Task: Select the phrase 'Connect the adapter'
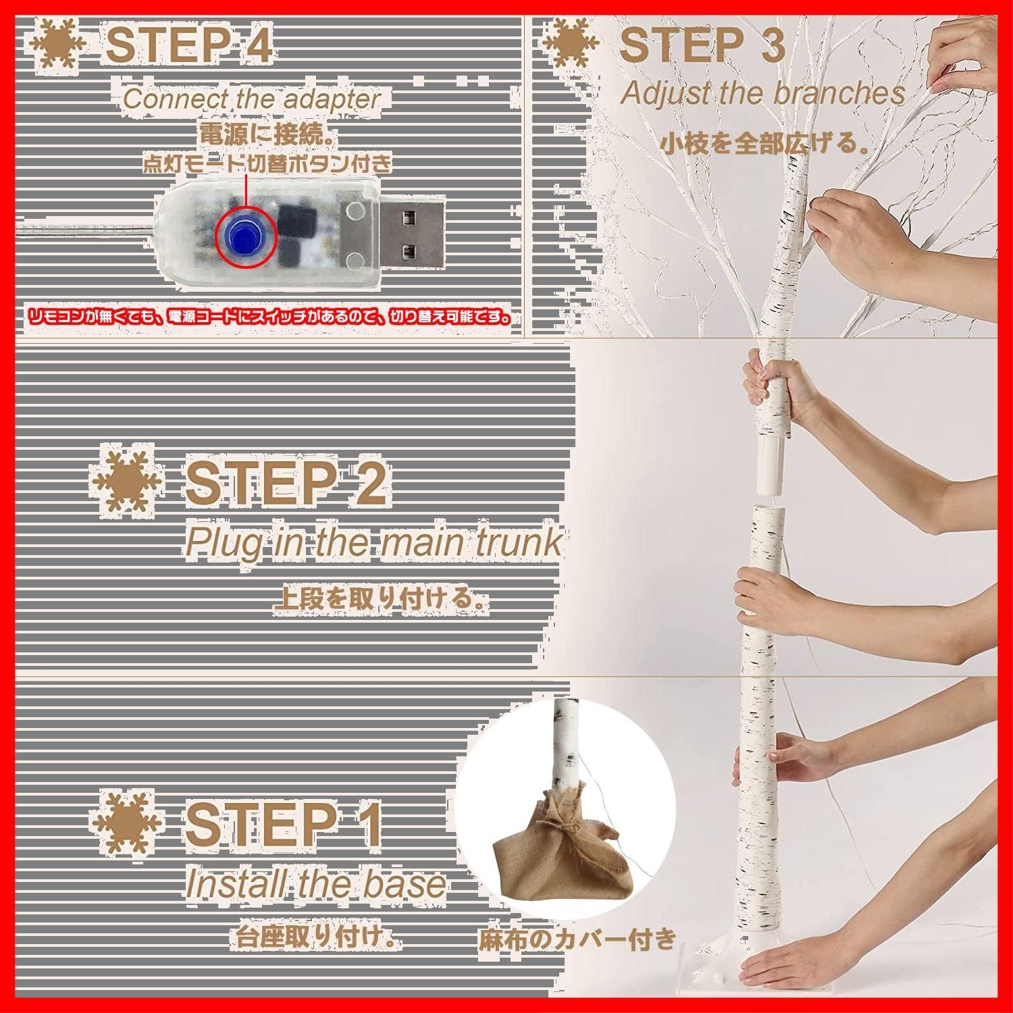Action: (x=251, y=99)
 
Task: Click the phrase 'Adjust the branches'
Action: (x=762, y=93)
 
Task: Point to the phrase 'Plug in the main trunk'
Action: (x=373, y=542)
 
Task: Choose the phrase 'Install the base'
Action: (x=315, y=884)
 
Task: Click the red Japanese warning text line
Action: (x=269, y=316)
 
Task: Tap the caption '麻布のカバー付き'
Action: (x=577, y=939)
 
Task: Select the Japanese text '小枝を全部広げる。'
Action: (x=764, y=144)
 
